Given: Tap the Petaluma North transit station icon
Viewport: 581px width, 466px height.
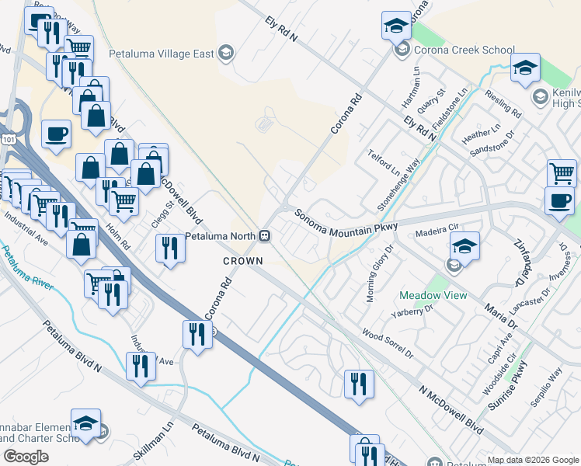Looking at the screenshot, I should coord(265,235).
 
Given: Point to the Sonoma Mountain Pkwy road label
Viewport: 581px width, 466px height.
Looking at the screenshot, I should coord(346,220).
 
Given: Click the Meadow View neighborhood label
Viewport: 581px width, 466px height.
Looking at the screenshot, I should coord(433,296).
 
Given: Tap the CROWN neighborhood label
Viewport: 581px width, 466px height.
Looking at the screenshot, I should coord(242,261).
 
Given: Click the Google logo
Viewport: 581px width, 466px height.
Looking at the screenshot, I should coord(26,457).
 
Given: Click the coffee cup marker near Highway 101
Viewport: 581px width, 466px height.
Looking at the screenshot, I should coord(56,134).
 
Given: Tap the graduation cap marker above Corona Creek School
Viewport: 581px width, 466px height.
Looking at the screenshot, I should coord(396,26).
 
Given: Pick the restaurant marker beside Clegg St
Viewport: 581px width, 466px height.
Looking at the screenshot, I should coord(169,248).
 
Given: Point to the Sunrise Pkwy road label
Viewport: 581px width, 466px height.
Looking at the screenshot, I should coord(506,386).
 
